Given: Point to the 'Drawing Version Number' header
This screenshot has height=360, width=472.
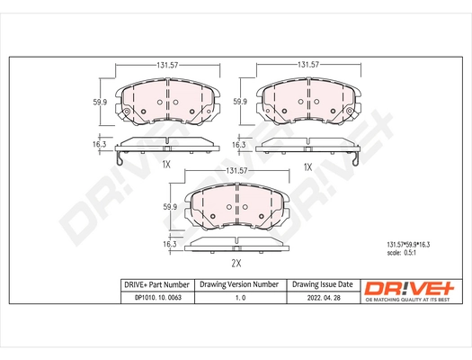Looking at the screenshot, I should click(237, 283).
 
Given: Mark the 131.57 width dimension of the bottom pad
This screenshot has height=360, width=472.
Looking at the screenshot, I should click(236, 170).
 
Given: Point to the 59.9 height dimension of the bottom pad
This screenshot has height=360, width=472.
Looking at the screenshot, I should click(168, 208).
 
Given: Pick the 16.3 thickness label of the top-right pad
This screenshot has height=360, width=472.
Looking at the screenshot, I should click(239, 144).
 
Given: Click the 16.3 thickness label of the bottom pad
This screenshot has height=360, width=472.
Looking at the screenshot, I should click(168, 243).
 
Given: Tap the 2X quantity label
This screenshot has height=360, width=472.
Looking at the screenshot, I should click(236, 265).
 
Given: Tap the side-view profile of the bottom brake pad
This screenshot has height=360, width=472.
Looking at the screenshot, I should click(236, 245).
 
